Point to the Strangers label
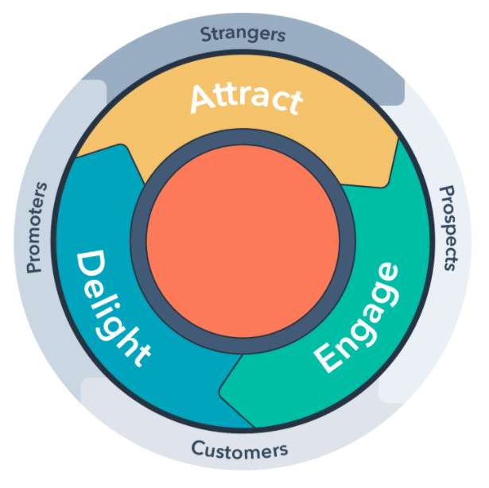[243, 34]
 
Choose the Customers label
[239, 449]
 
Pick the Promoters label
[37, 227]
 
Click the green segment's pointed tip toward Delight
[222, 389]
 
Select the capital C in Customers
[197, 448]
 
